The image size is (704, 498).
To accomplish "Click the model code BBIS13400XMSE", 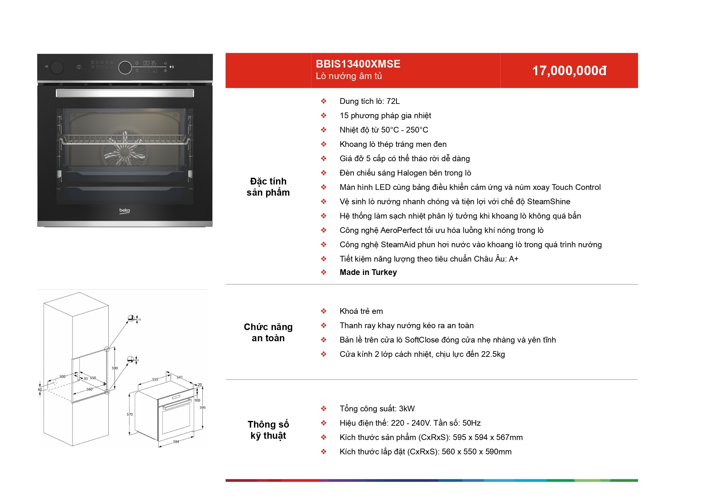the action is click(358, 64).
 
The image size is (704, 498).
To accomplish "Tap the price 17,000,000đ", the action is click(569, 71).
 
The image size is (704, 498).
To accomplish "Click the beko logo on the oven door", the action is click(125, 211).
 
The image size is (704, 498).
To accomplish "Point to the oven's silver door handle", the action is click(125, 93).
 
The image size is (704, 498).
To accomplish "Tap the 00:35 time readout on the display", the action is click(150, 63).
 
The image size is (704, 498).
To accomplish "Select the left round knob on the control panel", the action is click(57, 67).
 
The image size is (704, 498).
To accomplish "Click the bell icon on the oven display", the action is click(165, 63).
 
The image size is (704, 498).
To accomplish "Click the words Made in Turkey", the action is click(368, 272).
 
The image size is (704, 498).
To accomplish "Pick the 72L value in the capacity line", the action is click(393, 101).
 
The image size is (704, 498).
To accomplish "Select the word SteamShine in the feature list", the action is click(548, 202).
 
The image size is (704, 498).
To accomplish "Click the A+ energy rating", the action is click(513, 259).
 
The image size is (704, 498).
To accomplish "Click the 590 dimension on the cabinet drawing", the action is click(115, 368).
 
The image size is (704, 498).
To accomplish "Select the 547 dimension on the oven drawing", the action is click(180, 377).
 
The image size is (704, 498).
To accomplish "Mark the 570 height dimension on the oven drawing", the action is click(130, 414).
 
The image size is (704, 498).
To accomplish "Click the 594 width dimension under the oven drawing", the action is click(176, 442).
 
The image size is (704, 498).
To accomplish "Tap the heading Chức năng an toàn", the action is click(268, 332).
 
